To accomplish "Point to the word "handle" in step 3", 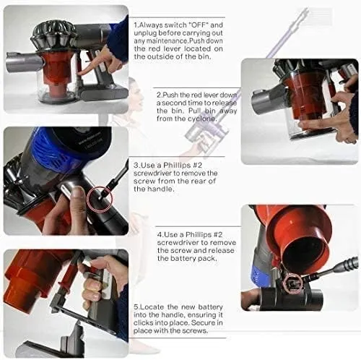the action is pyautogui.click(x=161, y=189).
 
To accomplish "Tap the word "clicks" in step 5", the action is pyautogui.click(x=143, y=323).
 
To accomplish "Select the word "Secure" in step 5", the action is pyautogui.click(x=204, y=323).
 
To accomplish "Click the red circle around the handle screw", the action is pyautogui.click(x=100, y=199).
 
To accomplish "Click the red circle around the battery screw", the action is pyautogui.click(x=292, y=283).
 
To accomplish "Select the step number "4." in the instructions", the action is pyautogui.click(x=160, y=235).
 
